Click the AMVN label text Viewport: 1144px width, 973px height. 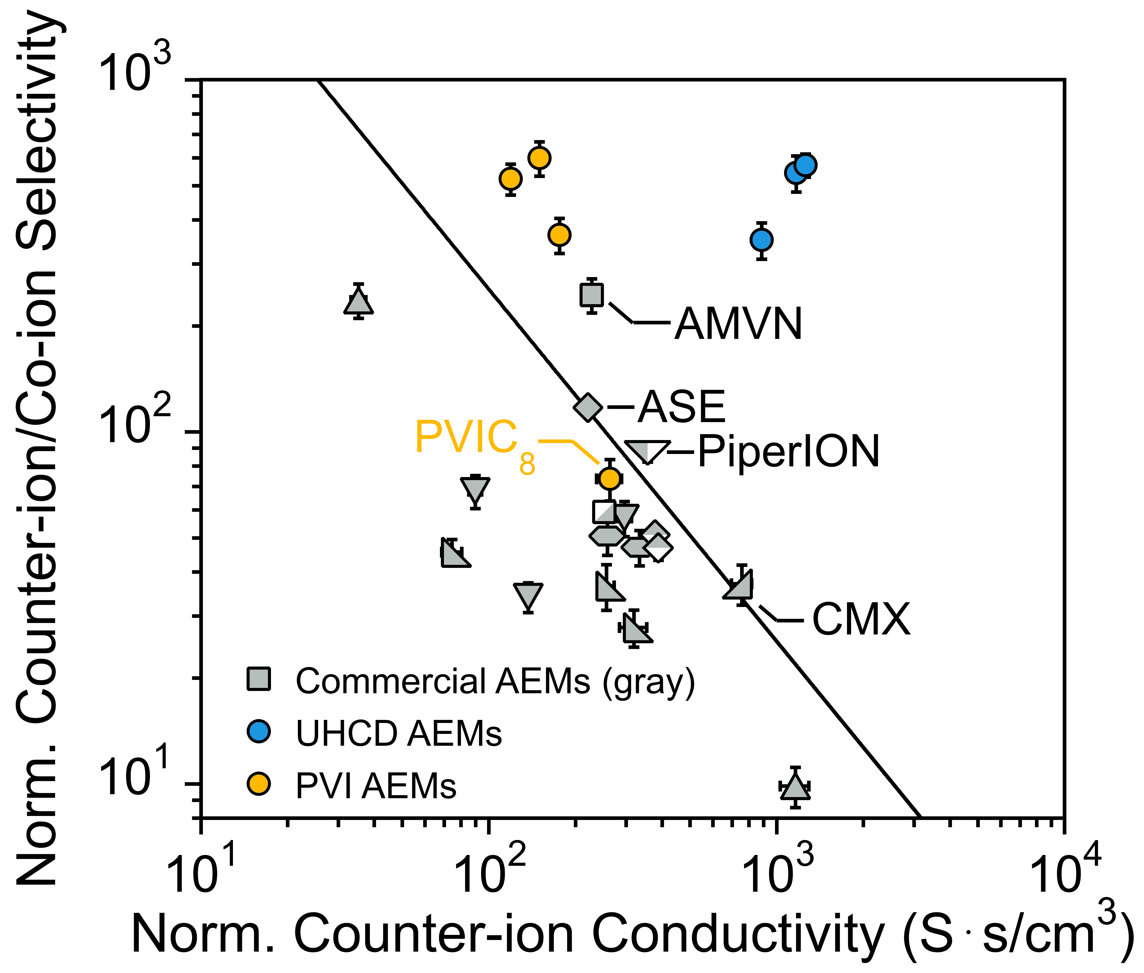click(739, 324)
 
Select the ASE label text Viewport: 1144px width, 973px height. click(681, 407)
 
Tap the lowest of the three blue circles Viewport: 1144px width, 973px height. click(761, 239)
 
